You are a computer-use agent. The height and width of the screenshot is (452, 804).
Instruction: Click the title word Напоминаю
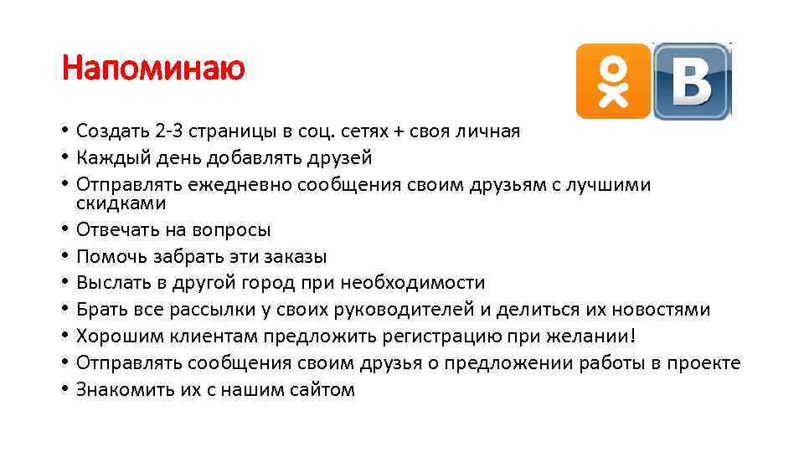(x=153, y=68)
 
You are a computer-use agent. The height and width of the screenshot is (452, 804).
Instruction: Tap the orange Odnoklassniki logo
(x=613, y=81)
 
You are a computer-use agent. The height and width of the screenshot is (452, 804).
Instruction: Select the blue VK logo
(x=692, y=81)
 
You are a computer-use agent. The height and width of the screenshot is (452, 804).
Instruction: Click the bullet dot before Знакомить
(x=64, y=389)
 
